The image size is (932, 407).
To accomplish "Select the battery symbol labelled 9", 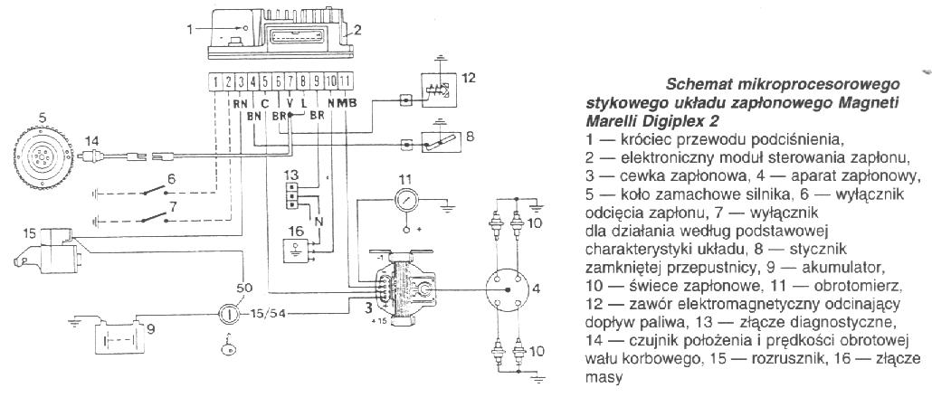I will click(118, 336).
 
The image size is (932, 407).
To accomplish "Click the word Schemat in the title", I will click(699, 84).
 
